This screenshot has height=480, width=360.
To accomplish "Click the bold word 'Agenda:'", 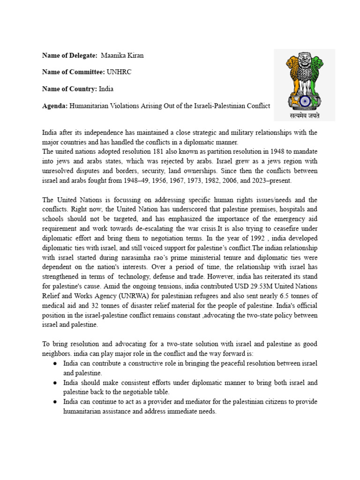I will [x=55, y=105].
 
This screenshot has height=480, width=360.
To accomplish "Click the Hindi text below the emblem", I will [x=304, y=114].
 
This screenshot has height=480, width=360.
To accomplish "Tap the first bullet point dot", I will [x=55, y=364].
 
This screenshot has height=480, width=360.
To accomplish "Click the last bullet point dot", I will [x=55, y=402].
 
